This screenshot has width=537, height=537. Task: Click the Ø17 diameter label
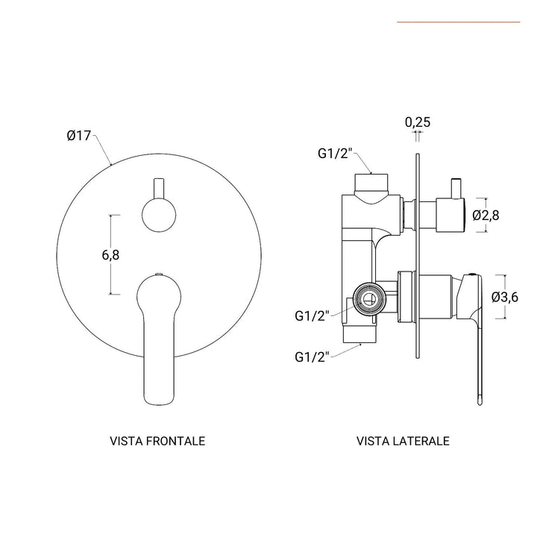[78, 136]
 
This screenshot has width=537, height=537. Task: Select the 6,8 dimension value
[110, 255]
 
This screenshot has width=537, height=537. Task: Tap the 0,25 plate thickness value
[418, 122]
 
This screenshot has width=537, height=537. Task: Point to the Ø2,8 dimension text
[486, 216]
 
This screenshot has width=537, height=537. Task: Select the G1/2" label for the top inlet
[334, 154]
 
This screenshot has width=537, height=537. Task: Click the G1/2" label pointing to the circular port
[310, 315]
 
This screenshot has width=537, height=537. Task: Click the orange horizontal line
[458, 22]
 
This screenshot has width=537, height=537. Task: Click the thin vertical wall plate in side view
[416, 254]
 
